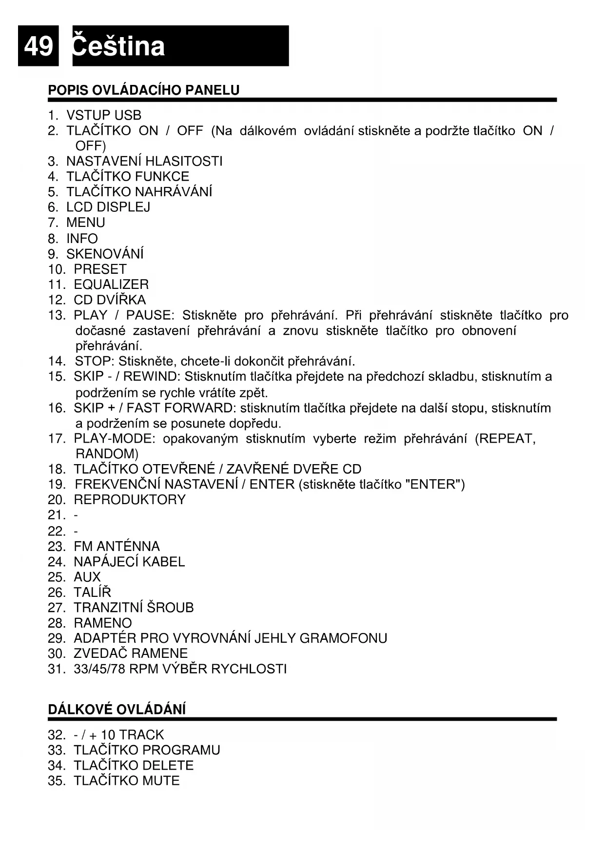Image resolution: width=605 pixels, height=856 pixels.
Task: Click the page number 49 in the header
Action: click(x=38, y=46)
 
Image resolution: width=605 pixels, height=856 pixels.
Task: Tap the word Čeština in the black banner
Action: click(x=118, y=46)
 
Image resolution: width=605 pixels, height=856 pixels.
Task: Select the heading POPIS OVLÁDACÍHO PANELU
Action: click(x=144, y=90)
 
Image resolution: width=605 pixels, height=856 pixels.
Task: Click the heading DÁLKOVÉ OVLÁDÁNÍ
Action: click(x=117, y=710)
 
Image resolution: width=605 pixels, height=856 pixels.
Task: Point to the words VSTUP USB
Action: click(x=104, y=116)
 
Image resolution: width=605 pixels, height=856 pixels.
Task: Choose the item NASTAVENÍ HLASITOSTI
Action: click(x=144, y=162)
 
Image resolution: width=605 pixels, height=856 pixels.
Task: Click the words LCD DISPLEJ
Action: click(x=108, y=207)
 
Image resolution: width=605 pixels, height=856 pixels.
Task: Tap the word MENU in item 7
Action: click(x=86, y=223)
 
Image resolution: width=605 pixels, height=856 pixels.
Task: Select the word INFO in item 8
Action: click(x=82, y=239)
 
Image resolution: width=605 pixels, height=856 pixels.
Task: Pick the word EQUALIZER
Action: click(x=111, y=285)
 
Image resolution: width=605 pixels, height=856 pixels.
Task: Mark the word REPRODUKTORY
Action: click(x=130, y=500)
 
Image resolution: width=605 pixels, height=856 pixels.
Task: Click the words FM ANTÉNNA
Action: click(x=117, y=546)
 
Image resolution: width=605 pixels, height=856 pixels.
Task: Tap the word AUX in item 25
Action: click(x=87, y=577)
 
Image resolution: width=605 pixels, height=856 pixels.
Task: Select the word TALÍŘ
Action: click(x=92, y=592)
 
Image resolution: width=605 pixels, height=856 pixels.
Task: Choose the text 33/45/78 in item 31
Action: click(x=99, y=669)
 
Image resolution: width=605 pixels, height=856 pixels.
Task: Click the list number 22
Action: click(x=56, y=531)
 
